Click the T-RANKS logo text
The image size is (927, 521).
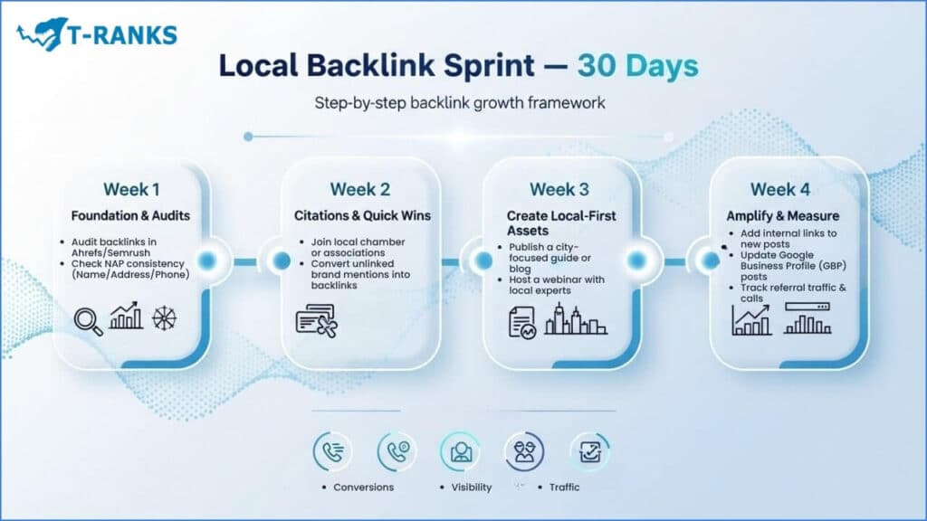pyautogui.click(x=122, y=35)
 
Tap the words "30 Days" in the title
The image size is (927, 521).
pyautogui.click(x=638, y=65)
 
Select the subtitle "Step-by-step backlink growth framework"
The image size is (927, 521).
pyautogui.click(x=459, y=103)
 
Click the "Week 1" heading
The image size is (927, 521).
pyautogui.click(x=131, y=189)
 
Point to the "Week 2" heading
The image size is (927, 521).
pyautogui.click(x=360, y=189)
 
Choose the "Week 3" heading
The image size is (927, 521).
pyautogui.click(x=559, y=189)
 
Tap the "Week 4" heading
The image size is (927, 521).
pyautogui.click(x=779, y=189)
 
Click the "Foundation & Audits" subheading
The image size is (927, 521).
pyautogui.click(x=130, y=215)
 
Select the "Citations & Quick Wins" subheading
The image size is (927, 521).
pyautogui.click(x=362, y=215)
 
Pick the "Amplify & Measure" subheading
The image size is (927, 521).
pyautogui.click(x=783, y=215)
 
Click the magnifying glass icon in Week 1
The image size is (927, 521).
pyautogui.click(x=88, y=322)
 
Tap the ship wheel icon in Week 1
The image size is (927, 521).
pyautogui.click(x=165, y=318)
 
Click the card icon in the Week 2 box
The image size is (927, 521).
pyautogui.click(x=317, y=321)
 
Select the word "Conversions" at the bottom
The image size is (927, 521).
pyautogui.click(x=364, y=488)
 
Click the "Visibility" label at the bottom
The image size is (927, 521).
pyautogui.click(x=471, y=488)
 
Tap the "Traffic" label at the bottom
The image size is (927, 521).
pyautogui.click(x=565, y=488)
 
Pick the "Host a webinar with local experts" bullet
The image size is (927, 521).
pyautogui.click(x=557, y=285)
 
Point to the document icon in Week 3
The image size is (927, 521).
pyautogui.click(x=522, y=323)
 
